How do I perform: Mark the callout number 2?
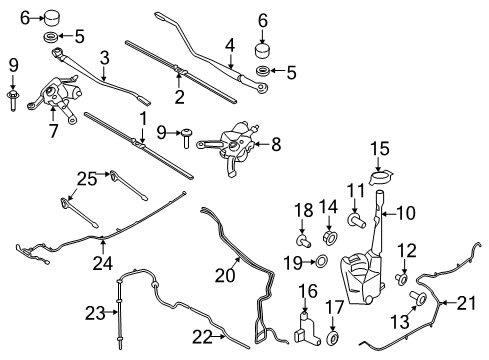point(178,97)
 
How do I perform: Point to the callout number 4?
point(229,44)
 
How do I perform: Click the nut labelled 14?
point(328,240)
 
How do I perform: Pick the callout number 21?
point(468,303)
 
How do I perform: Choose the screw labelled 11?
point(355,217)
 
